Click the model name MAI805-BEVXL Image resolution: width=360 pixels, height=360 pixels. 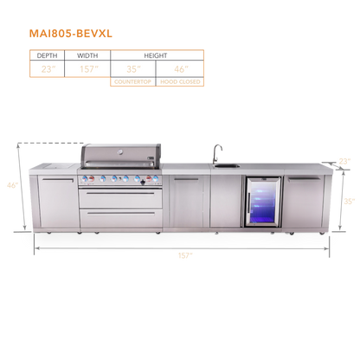coord(71,34)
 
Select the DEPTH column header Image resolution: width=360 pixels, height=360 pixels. coord(47,55)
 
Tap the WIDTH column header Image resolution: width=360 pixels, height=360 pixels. coord(87,55)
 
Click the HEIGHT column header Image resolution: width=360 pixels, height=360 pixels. coord(156,55)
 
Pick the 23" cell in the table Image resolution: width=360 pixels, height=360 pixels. coord(48,69)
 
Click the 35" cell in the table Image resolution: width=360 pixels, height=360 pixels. coord(133,69)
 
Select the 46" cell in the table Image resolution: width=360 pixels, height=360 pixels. coord(181,69)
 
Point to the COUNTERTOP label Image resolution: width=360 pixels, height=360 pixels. coord(132,82)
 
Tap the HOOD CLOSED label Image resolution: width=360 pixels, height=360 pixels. coord(180,82)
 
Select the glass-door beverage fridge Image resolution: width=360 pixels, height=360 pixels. coord(263,202)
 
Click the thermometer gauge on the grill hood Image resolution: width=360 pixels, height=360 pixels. coord(120,151)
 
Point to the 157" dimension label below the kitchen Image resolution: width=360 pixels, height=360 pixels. coord(185,255)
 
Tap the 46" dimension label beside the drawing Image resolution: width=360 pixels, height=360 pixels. coord(13,185)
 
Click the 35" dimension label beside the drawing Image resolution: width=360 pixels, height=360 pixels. coord(350,201)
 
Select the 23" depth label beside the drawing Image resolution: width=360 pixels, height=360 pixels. coord(344,161)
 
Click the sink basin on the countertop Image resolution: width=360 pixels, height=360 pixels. coord(227,165)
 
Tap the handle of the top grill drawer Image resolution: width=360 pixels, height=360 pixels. coord(120,193)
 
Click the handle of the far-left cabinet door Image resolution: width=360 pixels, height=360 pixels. coord(58,180)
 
